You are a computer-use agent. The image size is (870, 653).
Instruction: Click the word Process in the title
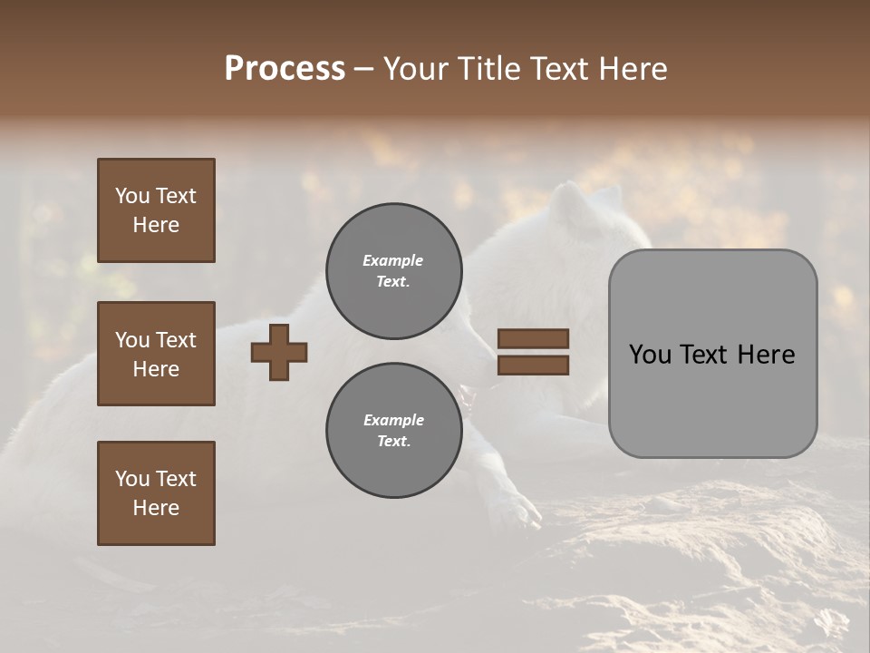point(285,69)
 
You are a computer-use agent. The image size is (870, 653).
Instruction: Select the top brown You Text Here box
point(156,210)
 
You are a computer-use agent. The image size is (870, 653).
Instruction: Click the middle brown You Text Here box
point(156,354)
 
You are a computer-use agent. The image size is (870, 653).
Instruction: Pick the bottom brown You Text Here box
point(156,493)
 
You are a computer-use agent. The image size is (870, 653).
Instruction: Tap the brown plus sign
point(279,352)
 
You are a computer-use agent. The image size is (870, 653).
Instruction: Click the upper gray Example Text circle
point(394,271)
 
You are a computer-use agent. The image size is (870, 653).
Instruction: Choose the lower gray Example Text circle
point(394,431)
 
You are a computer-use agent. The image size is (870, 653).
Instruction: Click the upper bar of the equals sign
point(533,338)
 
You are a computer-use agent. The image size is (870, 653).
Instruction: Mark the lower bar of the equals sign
point(533,365)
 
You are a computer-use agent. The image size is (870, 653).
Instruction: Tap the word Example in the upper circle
point(393,260)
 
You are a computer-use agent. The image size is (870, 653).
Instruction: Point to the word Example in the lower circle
point(393,420)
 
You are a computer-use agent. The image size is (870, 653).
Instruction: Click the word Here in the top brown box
point(156,225)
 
